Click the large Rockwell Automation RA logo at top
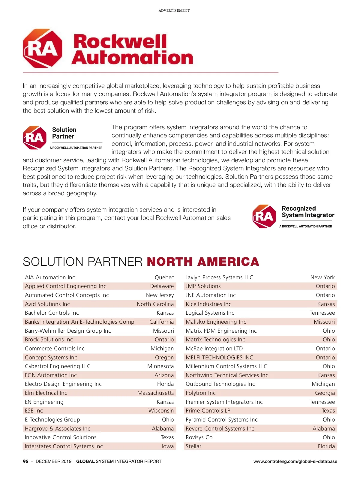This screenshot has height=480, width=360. (x=43, y=48)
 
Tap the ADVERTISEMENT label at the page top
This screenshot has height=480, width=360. (x=174, y=10)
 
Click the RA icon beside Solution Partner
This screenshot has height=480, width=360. (x=35, y=138)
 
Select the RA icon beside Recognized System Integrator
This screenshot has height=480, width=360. (x=264, y=216)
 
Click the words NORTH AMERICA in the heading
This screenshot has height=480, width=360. (x=203, y=262)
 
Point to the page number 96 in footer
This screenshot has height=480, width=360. (x=25, y=461)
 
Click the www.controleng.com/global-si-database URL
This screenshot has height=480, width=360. (x=295, y=461)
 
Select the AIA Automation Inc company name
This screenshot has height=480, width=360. (x=50, y=277)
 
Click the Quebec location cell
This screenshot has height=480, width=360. (x=164, y=277)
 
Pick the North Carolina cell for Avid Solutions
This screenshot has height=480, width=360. (x=155, y=304)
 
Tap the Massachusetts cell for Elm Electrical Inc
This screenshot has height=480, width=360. (x=155, y=393)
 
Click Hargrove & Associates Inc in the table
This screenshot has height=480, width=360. (x=57, y=428)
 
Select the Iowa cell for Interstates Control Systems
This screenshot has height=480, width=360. (x=168, y=446)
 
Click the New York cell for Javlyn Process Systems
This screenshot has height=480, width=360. (x=322, y=277)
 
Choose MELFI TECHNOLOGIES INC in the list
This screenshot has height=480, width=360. (x=219, y=357)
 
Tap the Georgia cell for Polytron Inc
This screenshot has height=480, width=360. (x=325, y=393)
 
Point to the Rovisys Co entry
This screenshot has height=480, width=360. (x=199, y=437)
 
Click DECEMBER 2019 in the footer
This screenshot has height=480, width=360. (x=53, y=461)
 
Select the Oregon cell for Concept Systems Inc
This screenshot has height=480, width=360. (x=164, y=357)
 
